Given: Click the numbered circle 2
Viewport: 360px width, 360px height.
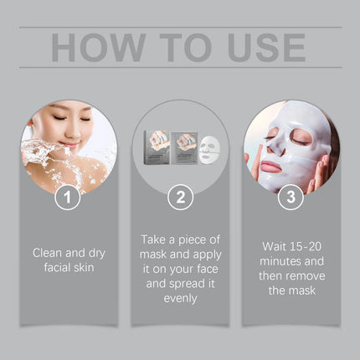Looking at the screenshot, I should click(x=179, y=198).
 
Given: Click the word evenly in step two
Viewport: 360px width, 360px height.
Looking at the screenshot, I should click(x=179, y=297).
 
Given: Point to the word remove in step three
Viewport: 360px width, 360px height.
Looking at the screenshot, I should click(x=308, y=276).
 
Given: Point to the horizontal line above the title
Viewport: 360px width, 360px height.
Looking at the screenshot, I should click(x=179, y=27).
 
